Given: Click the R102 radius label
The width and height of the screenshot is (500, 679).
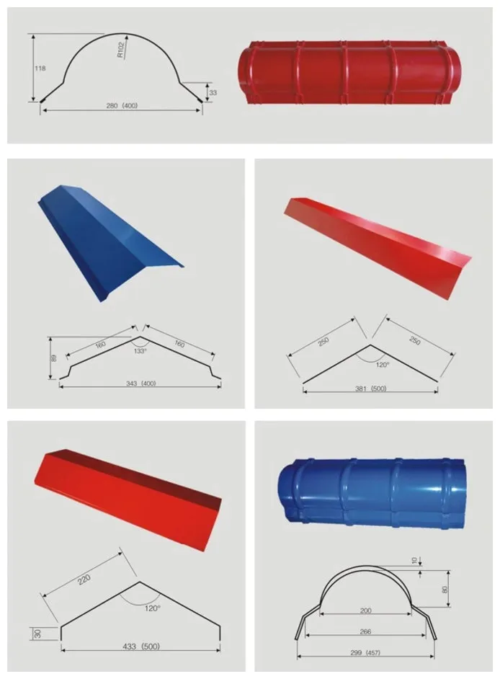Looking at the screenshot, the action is pos(121,49).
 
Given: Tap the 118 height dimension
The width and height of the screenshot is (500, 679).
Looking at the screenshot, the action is pos(40,68).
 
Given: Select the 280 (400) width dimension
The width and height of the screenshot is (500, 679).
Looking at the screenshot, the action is pos(122,105).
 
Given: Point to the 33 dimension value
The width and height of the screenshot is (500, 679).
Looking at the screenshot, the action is pos(213,93).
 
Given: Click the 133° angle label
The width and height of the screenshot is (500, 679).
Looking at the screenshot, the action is pos(140,351).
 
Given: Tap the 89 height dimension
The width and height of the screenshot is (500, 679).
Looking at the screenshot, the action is pos(54,358).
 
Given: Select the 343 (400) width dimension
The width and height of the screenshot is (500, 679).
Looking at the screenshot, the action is pos(140,383).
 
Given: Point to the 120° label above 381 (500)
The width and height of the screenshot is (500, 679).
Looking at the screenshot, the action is pos(383,365).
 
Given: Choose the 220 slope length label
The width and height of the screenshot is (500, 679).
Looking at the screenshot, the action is pos(84,580).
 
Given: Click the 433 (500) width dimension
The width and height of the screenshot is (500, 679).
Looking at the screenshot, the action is pos(141,647).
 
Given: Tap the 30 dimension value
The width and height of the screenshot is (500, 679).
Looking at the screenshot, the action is pos(38,634).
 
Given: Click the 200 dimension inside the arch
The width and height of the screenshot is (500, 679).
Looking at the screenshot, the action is pos(366,611).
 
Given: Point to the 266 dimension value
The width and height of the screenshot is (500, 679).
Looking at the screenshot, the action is pos(365,632).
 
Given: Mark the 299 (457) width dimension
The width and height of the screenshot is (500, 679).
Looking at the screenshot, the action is pos(365,652).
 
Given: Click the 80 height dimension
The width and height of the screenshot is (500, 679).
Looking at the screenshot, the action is pos(445,590).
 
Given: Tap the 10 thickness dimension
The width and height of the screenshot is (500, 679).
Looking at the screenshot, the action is pos(415,561).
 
